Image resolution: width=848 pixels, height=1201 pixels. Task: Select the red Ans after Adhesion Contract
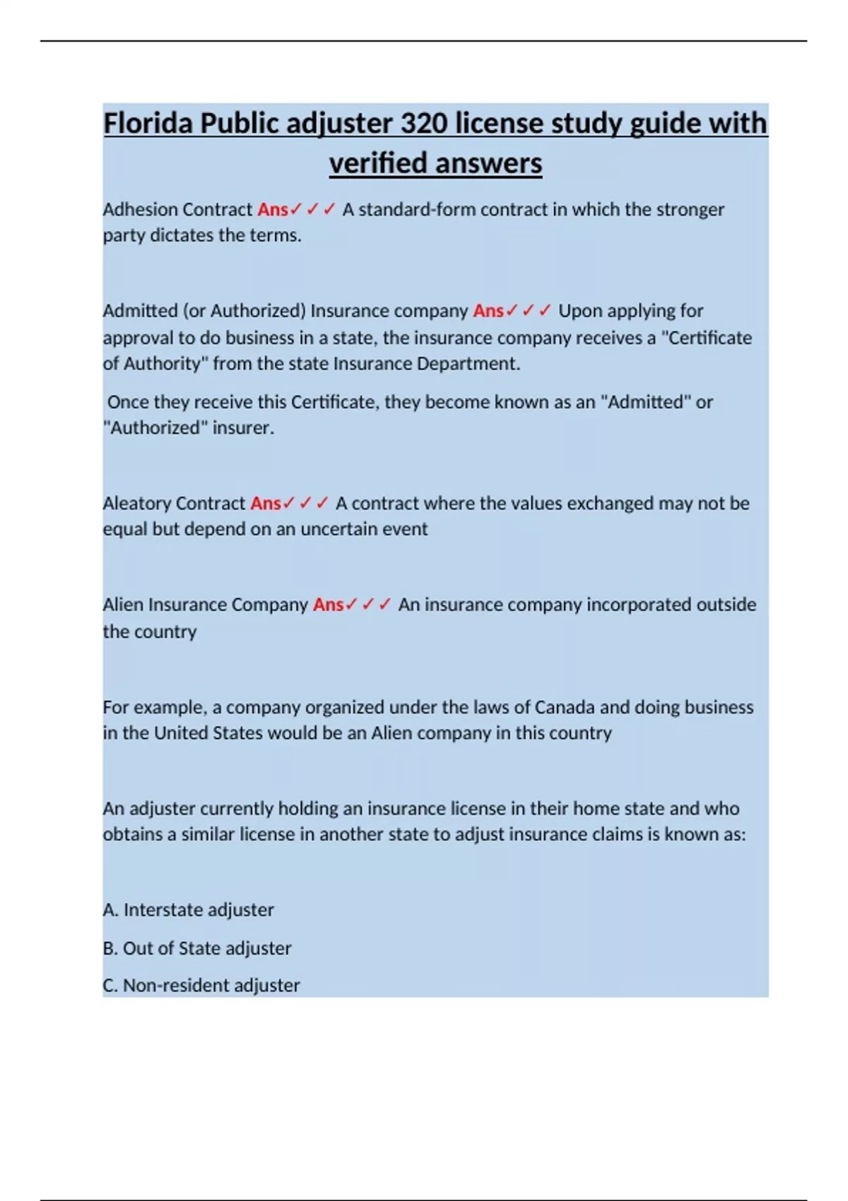click(x=273, y=210)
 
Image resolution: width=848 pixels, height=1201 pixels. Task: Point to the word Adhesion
click(x=140, y=210)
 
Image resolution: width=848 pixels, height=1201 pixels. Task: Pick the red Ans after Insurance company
click(x=488, y=311)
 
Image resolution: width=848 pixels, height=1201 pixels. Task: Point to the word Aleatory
click(x=136, y=504)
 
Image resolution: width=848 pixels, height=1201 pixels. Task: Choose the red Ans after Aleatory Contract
click(x=266, y=504)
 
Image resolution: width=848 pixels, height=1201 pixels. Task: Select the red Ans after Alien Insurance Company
click(x=329, y=605)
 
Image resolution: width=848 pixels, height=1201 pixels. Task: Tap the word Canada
click(x=565, y=707)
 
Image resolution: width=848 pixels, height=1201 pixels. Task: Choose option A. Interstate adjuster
click(x=189, y=910)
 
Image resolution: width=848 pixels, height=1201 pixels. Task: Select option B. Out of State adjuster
click(x=197, y=948)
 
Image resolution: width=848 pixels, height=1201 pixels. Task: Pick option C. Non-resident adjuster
click(x=201, y=986)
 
